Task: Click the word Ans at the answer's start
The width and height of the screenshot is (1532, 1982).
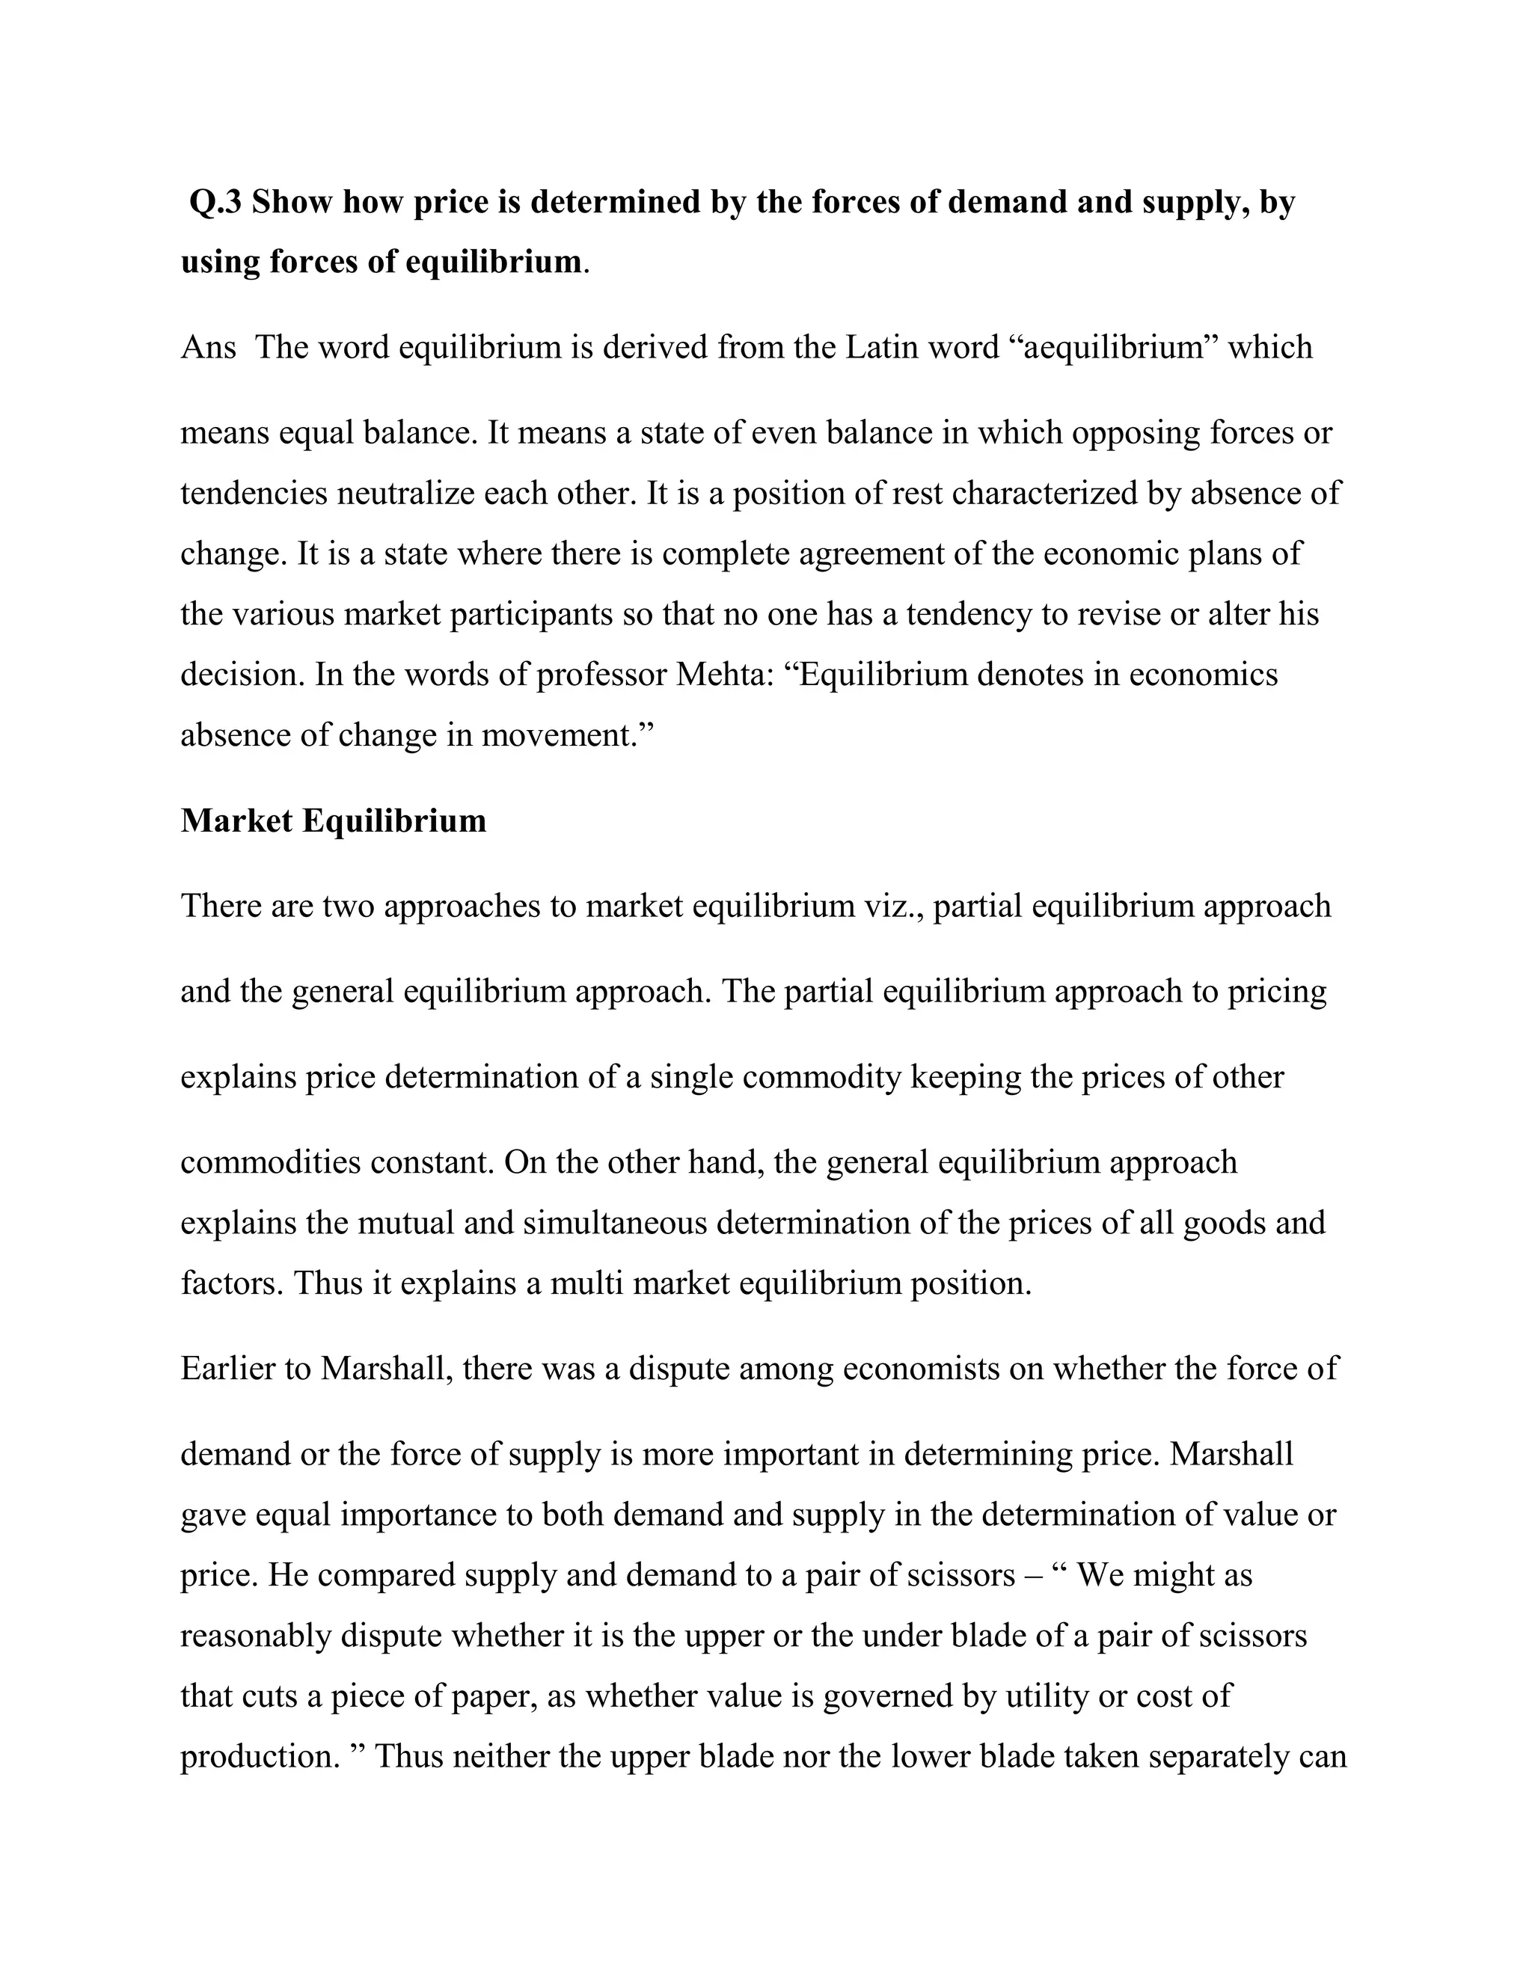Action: (x=208, y=348)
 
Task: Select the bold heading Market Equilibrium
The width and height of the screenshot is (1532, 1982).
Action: (x=333, y=821)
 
